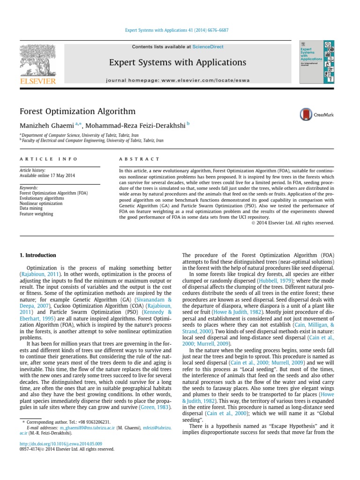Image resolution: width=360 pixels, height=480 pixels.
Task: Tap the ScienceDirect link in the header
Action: point(208,47)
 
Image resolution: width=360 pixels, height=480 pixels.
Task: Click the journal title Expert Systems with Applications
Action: point(178,62)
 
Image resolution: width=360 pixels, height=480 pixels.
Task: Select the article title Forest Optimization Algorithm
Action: point(77,112)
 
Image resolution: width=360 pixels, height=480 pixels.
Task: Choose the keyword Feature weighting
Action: point(36,214)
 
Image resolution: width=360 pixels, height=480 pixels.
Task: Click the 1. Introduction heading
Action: point(37,255)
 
